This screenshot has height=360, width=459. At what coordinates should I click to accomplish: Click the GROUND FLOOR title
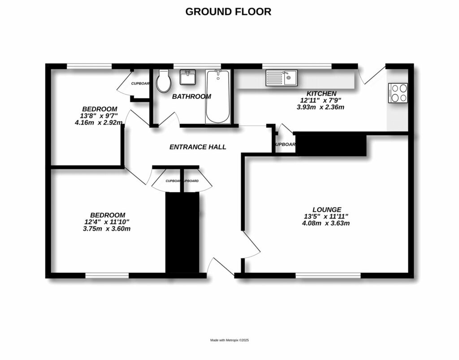pos(228,12)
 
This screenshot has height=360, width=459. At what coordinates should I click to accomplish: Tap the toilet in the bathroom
pos(164,82)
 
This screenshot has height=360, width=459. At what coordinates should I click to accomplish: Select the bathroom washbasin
pos(187,77)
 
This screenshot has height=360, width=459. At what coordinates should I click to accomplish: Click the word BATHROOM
pos(191,96)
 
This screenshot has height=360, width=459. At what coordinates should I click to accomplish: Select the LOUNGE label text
pos(327,209)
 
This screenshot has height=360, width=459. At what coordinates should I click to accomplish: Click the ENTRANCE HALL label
pos(198,147)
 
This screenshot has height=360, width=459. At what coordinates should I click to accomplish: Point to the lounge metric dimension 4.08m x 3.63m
pos(325,223)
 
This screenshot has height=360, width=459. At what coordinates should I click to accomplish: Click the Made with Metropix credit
pos(229,340)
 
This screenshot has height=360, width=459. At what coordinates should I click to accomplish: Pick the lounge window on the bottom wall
pos(328,275)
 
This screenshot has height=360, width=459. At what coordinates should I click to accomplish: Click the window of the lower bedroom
pos(107,275)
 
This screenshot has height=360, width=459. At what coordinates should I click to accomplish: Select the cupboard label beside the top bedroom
pos(140,84)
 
